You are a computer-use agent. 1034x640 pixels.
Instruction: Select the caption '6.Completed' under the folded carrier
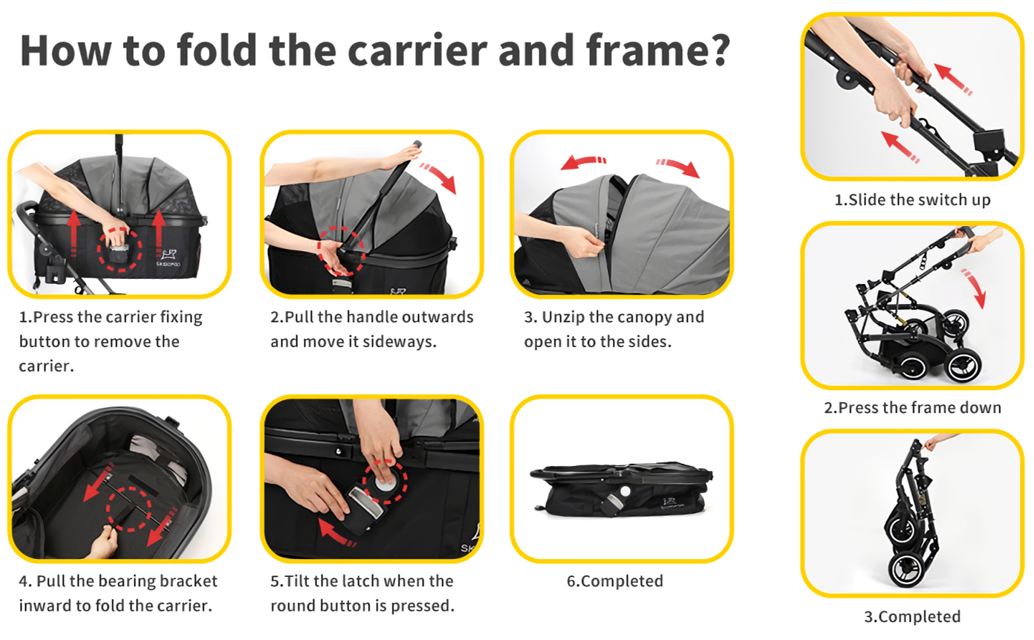[x=615, y=581]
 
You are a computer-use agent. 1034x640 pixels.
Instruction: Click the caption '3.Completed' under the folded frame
[x=912, y=616]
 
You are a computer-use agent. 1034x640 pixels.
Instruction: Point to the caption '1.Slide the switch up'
[x=912, y=199]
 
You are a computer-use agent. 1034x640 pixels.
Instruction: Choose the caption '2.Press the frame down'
[x=913, y=408]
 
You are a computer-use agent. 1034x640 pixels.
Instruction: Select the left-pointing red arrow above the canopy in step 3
[x=582, y=163]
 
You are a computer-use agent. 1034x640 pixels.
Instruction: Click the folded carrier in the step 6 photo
[x=621, y=490]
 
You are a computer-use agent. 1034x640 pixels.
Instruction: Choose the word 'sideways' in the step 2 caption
[x=400, y=342]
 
